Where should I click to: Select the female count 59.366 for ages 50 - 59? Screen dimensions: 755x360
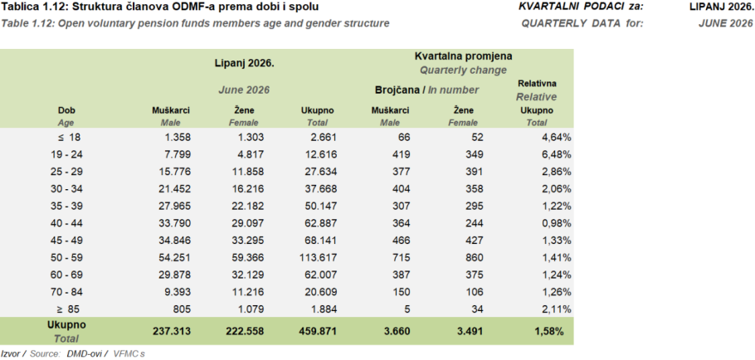pyautogui.click(x=247, y=257)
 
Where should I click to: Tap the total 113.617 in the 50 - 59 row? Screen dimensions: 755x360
pyautogui.click(x=318, y=257)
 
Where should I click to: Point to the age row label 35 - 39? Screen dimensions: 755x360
pyautogui.click(x=66, y=206)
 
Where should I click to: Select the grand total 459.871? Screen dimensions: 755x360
pyautogui.click(x=317, y=331)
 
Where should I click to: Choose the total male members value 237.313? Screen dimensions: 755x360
pyautogui.click(x=173, y=331)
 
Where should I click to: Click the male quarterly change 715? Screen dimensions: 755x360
pyautogui.click(x=402, y=257)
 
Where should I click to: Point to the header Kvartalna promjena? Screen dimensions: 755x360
pyautogui.click(x=463, y=56)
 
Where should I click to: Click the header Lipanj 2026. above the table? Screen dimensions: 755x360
pyautogui.click(x=245, y=63)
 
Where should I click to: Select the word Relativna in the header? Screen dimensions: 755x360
pyautogui.click(x=537, y=84)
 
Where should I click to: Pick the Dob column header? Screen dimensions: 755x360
pyautogui.click(x=66, y=110)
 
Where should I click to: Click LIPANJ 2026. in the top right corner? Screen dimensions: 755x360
pyautogui.click(x=721, y=7)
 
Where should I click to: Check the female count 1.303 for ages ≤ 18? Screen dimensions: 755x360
pyautogui.click(x=251, y=137)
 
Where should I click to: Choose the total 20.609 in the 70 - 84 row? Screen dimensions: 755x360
pyautogui.click(x=320, y=292)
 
